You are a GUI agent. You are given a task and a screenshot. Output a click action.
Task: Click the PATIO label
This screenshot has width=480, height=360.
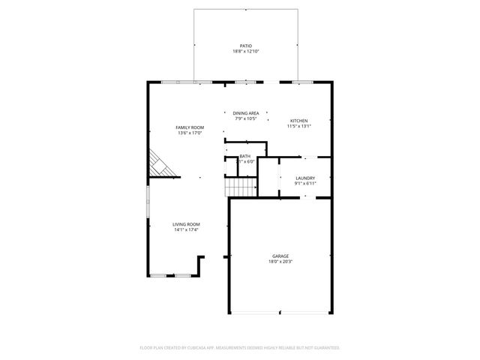(246, 46)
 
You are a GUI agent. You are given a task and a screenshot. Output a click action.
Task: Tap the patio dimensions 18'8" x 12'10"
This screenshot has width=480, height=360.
(246, 52)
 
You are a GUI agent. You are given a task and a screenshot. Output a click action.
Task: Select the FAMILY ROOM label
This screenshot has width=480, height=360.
(190, 127)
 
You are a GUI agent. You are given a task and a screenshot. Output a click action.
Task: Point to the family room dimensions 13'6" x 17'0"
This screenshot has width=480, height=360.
(190, 133)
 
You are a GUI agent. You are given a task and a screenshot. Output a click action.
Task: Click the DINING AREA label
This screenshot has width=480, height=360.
(245, 113)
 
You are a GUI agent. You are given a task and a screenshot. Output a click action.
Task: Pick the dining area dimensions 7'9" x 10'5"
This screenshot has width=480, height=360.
(245, 118)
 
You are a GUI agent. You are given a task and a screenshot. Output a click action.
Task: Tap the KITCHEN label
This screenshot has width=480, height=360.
(298, 121)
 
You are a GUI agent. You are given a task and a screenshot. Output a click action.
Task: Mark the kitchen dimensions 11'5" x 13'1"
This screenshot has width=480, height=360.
(298, 126)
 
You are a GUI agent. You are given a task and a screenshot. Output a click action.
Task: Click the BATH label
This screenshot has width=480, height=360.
(245, 156)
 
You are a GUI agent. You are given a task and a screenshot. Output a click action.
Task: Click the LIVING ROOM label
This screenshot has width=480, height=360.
(186, 224)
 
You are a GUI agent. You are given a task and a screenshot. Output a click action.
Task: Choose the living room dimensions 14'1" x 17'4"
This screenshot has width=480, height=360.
(186, 229)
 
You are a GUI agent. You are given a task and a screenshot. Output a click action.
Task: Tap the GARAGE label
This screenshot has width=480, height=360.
(280, 256)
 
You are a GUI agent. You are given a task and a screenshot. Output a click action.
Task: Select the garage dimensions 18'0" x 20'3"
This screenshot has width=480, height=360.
(280, 262)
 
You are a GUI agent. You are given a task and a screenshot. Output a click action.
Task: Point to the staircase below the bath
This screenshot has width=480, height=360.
(241, 187)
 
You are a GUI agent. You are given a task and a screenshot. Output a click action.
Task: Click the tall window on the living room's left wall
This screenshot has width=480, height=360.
(147, 202)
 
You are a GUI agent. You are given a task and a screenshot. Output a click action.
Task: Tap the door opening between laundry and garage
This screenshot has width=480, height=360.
(304, 196)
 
